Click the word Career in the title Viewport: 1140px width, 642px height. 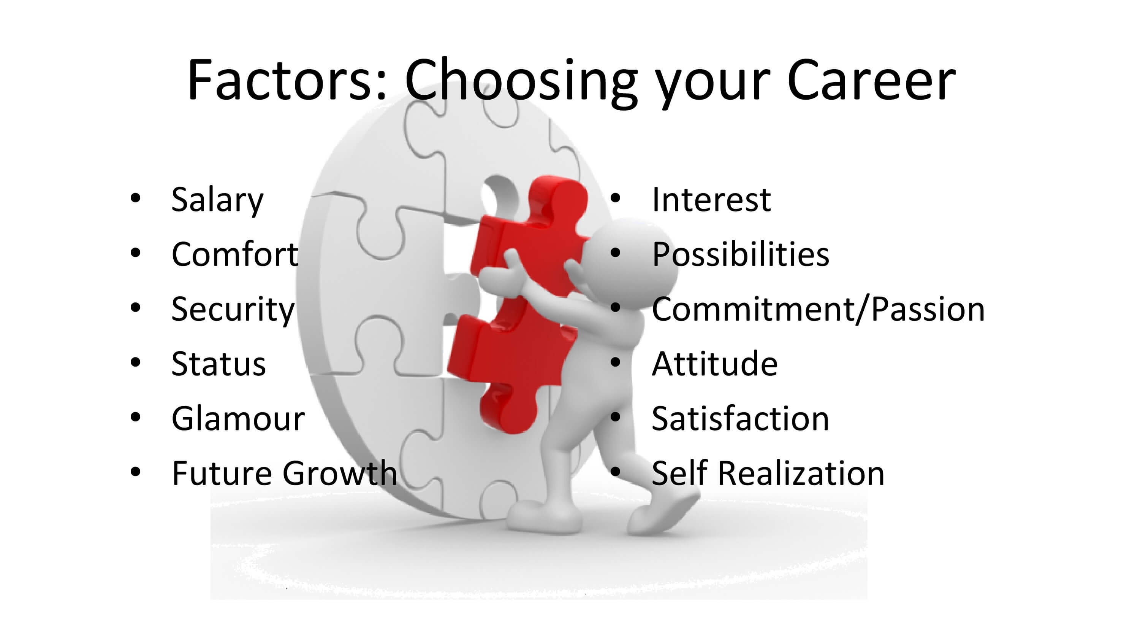pyautogui.click(x=871, y=81)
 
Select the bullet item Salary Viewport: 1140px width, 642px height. pyautogui.click(x=217, y=200)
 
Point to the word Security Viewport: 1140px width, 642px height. pyautogui.click(x=233, y=310)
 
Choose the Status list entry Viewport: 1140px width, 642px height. pyautogui.click(x=218, y=364)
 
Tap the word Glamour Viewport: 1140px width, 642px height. pyautogui.click(x=238, y=419)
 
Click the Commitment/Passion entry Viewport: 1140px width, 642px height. pyautogui.click(x=818, y=310)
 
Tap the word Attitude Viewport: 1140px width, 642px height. pyautogui.click(x=715, y=364)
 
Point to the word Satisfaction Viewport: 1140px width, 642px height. pyautogui.click(x=740, y=419)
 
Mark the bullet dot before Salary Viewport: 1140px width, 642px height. pyautogui.click(x=135, y=198)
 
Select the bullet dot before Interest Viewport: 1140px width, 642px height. pyautogui.click(x=615, y=198)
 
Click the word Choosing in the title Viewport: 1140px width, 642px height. pyautogui.click(x=521, y=83)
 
